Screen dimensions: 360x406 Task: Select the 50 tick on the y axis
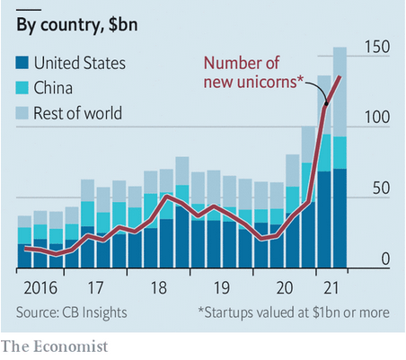378,189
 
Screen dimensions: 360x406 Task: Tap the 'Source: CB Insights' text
73,312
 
